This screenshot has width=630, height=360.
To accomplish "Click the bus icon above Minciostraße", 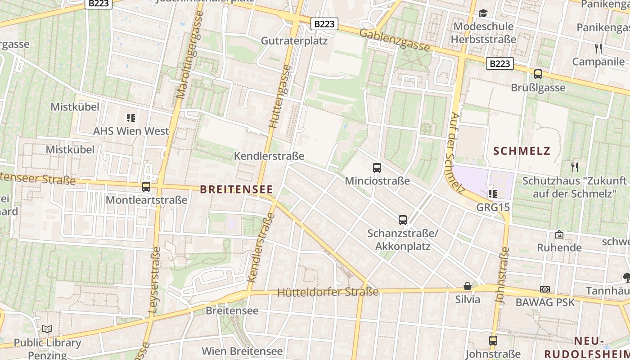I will [x=377, y=168].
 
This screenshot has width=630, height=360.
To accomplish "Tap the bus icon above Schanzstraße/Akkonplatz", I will [x=403, y=220].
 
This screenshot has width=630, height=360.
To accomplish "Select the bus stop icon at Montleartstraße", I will [x=146, y=187].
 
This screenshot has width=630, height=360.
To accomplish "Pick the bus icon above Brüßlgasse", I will [x=538, y=75].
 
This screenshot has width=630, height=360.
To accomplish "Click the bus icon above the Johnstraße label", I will [x=493, y=341].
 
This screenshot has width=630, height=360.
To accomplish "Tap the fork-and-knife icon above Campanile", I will [x=598, y=48].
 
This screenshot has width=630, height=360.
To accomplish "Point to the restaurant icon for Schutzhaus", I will [x=575, y=167].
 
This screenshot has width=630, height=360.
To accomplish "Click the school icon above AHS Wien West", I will [x=131, y=118].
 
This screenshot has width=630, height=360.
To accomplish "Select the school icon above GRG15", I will [x=493, y=194].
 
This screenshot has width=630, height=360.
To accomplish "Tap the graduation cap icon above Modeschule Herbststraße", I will [x=483, y=13].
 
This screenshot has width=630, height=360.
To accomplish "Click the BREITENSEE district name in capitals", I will [x=237, y=189].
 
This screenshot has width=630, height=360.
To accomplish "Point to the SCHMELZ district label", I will [x=522, y=151].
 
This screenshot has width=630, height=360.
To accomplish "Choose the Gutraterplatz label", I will [x=294, y=41].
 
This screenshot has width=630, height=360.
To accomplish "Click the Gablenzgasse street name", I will [x=395, y=40].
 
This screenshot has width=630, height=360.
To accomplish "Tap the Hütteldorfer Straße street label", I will [x=328, y=292].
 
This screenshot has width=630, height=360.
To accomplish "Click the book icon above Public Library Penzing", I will [x=47, y=329].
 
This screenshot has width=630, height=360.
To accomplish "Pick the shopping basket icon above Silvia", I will [x=468, y=286].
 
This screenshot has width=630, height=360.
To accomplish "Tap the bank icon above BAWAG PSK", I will [x=545, y=289].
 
